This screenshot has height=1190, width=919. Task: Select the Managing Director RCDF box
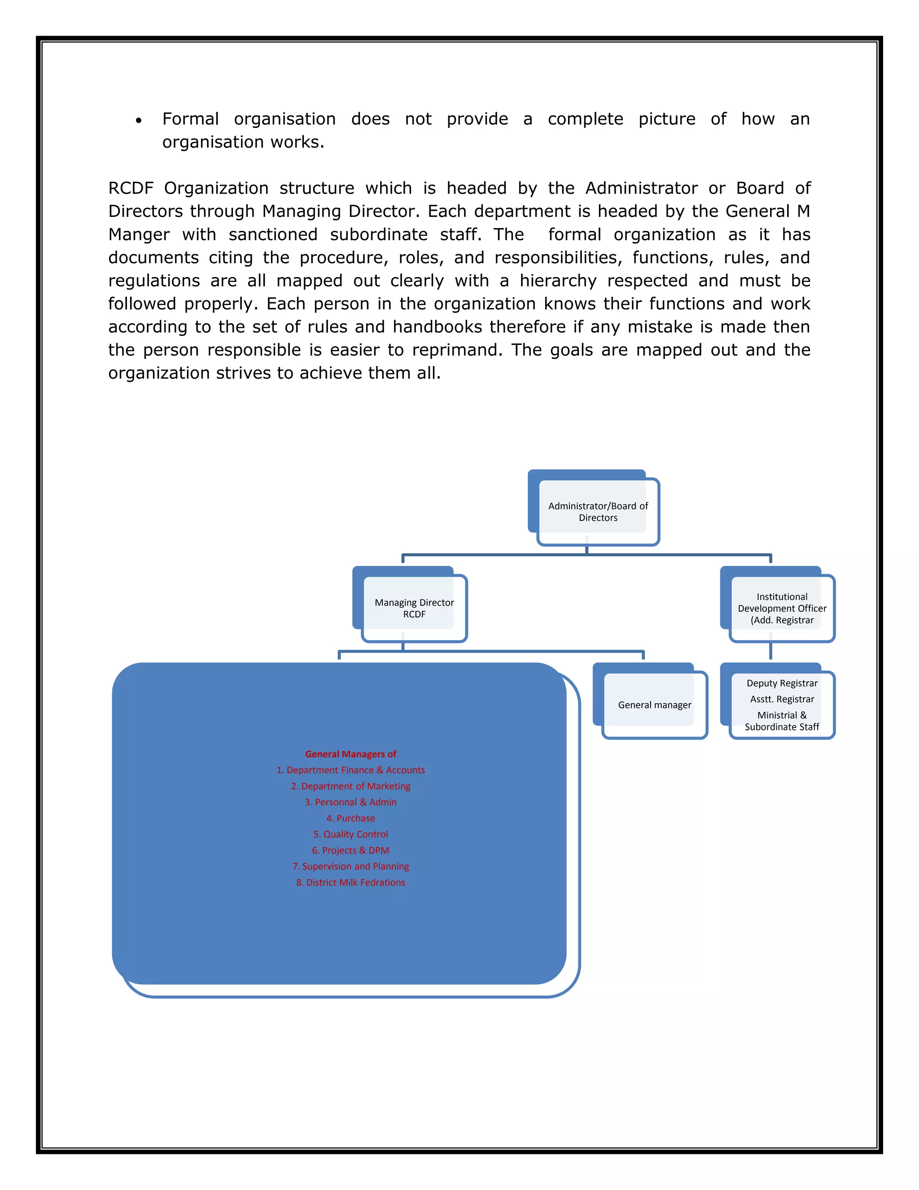point(414,608)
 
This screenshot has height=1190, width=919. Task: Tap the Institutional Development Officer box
point(782,608)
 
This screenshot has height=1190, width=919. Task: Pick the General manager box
point(654,705)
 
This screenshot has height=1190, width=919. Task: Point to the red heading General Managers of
point(350,754)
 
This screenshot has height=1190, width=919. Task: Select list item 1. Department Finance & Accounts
point(350,770)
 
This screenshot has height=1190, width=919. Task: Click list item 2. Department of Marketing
point(350,786)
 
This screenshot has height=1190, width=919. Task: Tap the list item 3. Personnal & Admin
point(350,802)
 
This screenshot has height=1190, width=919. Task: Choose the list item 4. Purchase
point(350,818)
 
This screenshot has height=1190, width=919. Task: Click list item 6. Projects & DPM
point(350,851)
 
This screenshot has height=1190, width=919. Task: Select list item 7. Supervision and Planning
point(350,866)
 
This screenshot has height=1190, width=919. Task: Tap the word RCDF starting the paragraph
point(131,189)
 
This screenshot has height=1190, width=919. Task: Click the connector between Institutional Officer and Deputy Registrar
point(770,652)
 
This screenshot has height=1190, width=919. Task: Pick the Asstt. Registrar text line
point(782,699)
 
